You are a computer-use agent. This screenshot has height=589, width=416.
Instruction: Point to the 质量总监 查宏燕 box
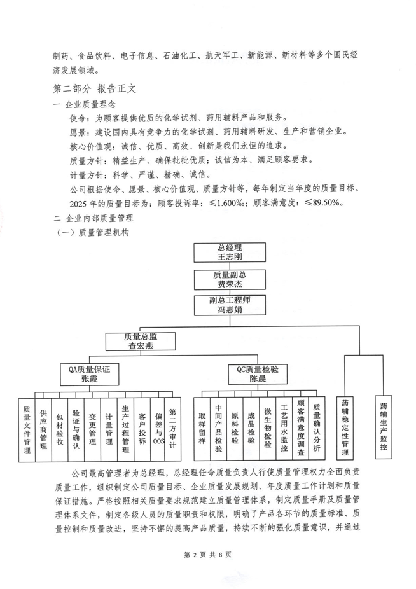pos(139,342)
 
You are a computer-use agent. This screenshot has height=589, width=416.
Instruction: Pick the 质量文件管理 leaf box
pos(26,427)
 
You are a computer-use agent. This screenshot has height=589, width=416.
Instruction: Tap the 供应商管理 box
pos(43,427)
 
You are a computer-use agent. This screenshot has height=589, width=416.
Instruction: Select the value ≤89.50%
pos(322,204)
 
